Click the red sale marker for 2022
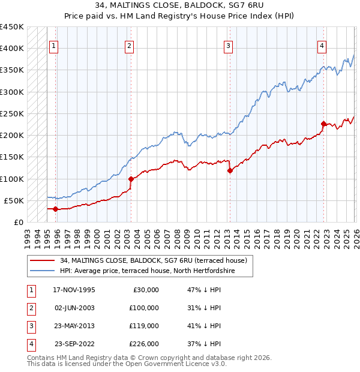click(323, 124)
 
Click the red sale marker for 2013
click(230, 171)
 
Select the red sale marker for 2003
click(131, 179)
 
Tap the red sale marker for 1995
click(56, 209)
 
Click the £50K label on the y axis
click(14, 200)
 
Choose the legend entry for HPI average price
click(147, 271)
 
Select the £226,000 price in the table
click(145, 344)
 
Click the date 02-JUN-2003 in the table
click(74, 308)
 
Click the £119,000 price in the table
click(145, 326)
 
